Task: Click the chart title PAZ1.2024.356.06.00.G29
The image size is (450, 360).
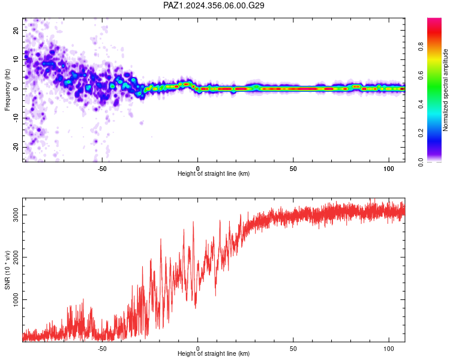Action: tap(214, 5)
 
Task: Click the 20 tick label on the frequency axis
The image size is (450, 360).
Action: tap(16, 31)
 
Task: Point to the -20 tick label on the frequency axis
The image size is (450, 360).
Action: tap(16, 147)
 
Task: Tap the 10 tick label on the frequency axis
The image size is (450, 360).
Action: tap(16, 59)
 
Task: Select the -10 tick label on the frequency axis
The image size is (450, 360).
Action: tap(16, 118)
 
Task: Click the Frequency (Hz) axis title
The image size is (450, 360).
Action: tap(7, 90)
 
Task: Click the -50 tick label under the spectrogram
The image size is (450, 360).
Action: tap(102, 169)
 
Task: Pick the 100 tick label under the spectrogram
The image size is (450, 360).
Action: tap(389, 169)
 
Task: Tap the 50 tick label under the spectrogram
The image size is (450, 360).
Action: tap(293, 169)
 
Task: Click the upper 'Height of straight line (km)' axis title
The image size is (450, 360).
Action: tap(214, 173)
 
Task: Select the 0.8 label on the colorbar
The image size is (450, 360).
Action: tap(421, 46)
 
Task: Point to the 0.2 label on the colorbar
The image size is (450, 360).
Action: tap(421, 133)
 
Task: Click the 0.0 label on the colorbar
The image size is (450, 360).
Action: tap(421, 162)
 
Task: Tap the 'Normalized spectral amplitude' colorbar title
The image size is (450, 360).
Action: tap(445, 90)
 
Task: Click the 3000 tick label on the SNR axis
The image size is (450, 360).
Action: tap(16, 215)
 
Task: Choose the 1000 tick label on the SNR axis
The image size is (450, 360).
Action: tap(16, 299)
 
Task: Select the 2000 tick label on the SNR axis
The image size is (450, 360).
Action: tap(16, 257)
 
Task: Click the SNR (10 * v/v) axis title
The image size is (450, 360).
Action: tap(7, 270)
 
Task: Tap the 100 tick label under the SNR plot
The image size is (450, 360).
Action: tap(389, 349)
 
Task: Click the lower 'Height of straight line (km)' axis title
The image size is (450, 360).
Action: tap(214, 353)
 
